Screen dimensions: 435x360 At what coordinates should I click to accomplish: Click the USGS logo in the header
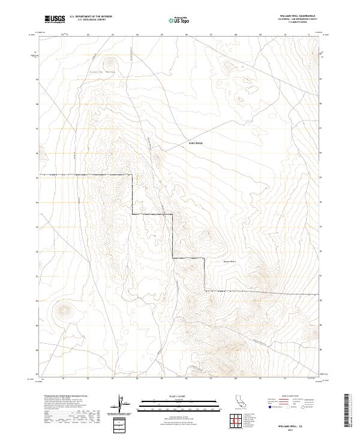click(55, 19)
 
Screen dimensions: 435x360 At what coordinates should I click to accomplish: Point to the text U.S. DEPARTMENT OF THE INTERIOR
click(91, 17)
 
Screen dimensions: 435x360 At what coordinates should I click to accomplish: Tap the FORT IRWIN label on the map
click(196, 143)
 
